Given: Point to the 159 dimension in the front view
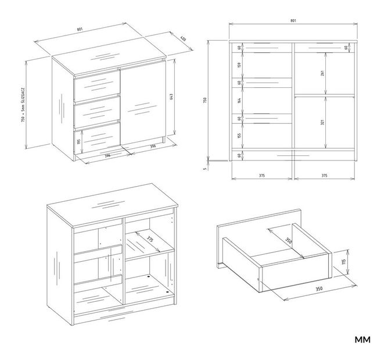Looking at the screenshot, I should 239,65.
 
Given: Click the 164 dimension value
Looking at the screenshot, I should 239,101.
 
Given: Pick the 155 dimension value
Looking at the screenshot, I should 239,136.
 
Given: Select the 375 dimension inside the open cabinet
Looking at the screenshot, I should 149,239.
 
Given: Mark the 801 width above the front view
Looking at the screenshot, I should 293,21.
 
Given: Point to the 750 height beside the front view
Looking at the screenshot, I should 205,101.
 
